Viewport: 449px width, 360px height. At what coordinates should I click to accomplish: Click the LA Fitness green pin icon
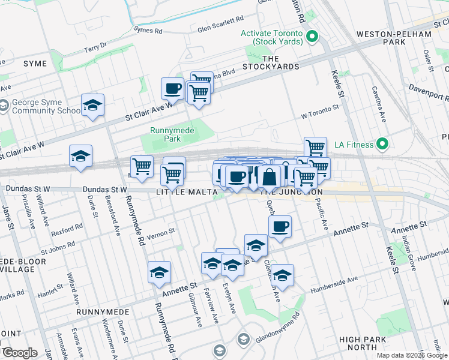point(381,144)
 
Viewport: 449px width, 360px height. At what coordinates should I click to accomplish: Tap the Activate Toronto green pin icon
point(312,38)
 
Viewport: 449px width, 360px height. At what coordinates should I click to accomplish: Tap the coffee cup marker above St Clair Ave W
point(173,89)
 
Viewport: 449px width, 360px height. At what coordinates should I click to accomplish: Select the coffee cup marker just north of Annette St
point(280,227)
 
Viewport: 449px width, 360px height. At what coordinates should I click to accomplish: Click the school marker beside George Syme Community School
point(92,105)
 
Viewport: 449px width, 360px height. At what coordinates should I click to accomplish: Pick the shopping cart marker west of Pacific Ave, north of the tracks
point(315,147)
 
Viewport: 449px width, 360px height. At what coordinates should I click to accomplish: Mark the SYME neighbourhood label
point(34,64)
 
